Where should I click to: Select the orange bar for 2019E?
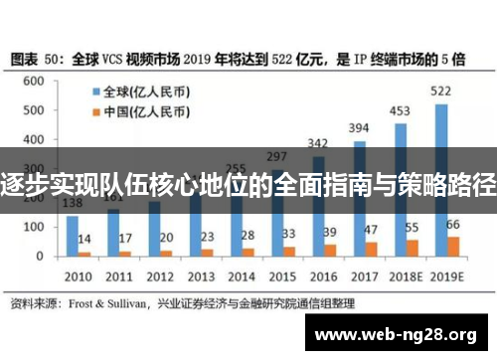(454, 247)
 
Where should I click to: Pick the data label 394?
(359, 128)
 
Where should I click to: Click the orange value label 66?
(454, 225)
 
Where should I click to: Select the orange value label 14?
(85, 240)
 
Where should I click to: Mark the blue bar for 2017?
(359, 199)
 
